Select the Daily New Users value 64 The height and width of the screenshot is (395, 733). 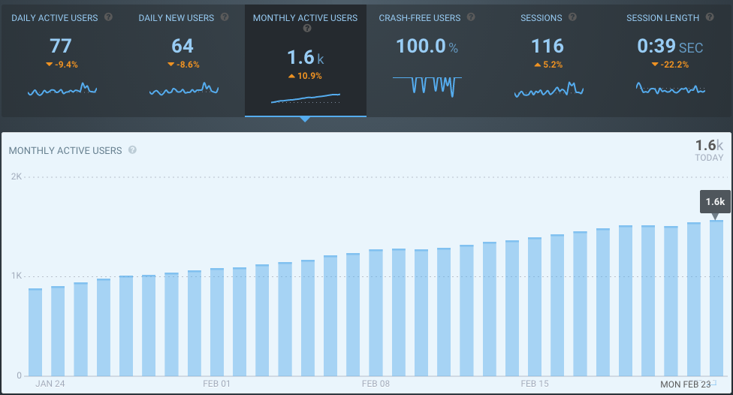point(182,47)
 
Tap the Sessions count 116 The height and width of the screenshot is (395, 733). point(547,47)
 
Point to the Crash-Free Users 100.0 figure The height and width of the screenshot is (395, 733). point(421,47)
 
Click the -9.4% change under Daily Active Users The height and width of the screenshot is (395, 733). point(62,65)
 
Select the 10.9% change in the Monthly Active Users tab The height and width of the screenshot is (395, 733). point(305,76)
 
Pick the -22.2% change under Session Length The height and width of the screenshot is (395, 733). point(670,65)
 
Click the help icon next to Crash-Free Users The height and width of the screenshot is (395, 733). point(470,17)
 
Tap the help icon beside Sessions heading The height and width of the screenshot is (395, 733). point(572,17)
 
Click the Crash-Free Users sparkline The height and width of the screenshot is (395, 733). point(427,85)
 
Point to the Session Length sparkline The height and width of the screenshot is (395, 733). point(670,89)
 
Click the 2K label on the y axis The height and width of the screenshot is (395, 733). point(16,176)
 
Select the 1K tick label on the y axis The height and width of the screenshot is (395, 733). point(16,276)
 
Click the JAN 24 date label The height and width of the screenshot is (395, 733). point(49,384)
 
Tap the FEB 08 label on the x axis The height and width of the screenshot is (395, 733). point(376,384)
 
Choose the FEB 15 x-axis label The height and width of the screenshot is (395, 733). point(535,384)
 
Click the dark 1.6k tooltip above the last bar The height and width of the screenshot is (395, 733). point(715,201)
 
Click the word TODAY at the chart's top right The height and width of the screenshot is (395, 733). point(709,158)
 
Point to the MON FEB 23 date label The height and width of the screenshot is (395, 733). point(685,384)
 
